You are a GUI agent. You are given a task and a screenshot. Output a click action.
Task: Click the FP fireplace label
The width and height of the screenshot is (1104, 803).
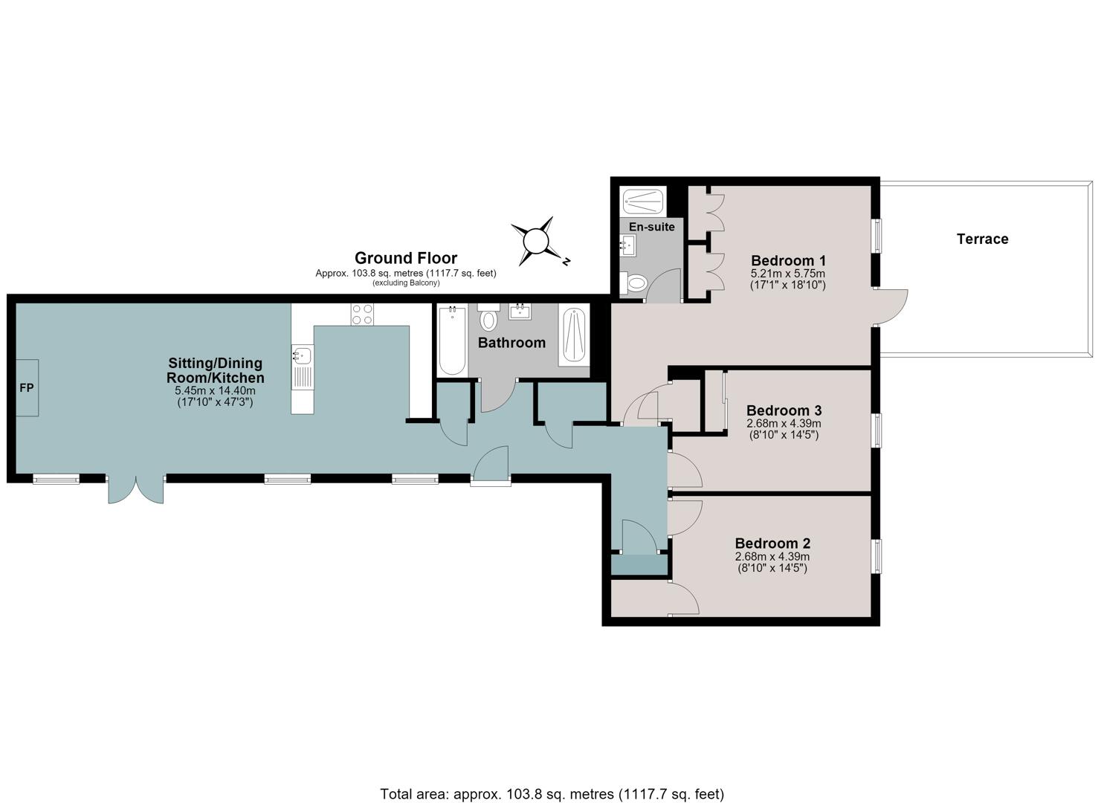pyautogui.click(x=27, y=388)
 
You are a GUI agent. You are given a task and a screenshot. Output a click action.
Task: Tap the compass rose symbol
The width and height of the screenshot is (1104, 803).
pyautogui.click(x=537, y=241)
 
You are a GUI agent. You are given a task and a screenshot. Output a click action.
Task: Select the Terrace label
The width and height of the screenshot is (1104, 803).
pyautogui.click(x=982, y=239)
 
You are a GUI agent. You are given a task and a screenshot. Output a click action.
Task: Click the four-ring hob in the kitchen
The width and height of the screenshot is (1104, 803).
pyautogui.click(x=362, y=314)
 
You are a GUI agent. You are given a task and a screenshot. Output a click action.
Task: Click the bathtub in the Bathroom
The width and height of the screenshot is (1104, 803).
pyautogui.click(x=453, y=340)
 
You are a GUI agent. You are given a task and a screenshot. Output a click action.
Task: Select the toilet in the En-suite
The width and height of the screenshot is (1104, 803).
pyautogui.click(x=636, y=283)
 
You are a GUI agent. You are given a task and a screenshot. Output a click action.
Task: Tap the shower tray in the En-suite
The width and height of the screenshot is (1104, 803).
pyautogui.click(x=642, y=201)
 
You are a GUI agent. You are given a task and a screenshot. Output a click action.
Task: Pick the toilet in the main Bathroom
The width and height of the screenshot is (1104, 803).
pyautogui.click(x=488, y=317)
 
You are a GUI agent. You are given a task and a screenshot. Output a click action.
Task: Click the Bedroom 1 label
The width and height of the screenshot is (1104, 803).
pyautogui.click(x=788, y=260)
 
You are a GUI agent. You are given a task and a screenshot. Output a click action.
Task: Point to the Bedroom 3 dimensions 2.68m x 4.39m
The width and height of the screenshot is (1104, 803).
pyautogui.click(x=784, y=424)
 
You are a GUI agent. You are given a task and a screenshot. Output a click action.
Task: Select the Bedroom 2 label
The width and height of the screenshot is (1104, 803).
pyautogui.click(x=772, y=544)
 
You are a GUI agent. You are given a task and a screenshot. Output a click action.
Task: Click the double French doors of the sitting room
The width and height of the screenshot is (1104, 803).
pyautogui.click(x=136, y=489)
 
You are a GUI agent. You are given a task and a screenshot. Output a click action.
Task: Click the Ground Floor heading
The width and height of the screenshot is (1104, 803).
pyautogui.click(x=406, y=258)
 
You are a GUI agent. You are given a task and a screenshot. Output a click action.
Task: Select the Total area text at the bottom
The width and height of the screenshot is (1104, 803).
pyautogui.click(x=552, y=781)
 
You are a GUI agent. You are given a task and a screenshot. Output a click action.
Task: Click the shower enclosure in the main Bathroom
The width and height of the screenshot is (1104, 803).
pyautogui.click(x=574, y=335)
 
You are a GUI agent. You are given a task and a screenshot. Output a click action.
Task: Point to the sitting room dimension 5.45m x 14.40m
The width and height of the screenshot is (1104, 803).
pyautogui.click(x=216, y=391)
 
